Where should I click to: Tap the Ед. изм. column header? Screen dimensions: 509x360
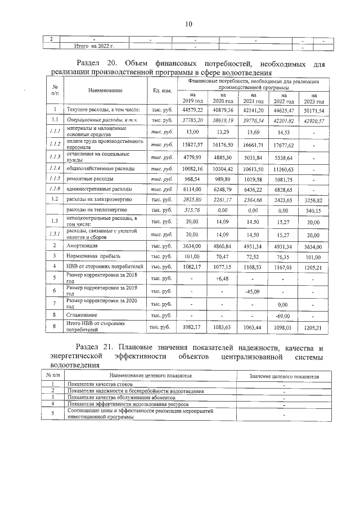click(x=161, y=90)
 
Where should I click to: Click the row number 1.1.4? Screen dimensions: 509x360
click(x=55, y=168)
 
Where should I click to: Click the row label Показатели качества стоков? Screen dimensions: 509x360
click(x=100, y=384)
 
